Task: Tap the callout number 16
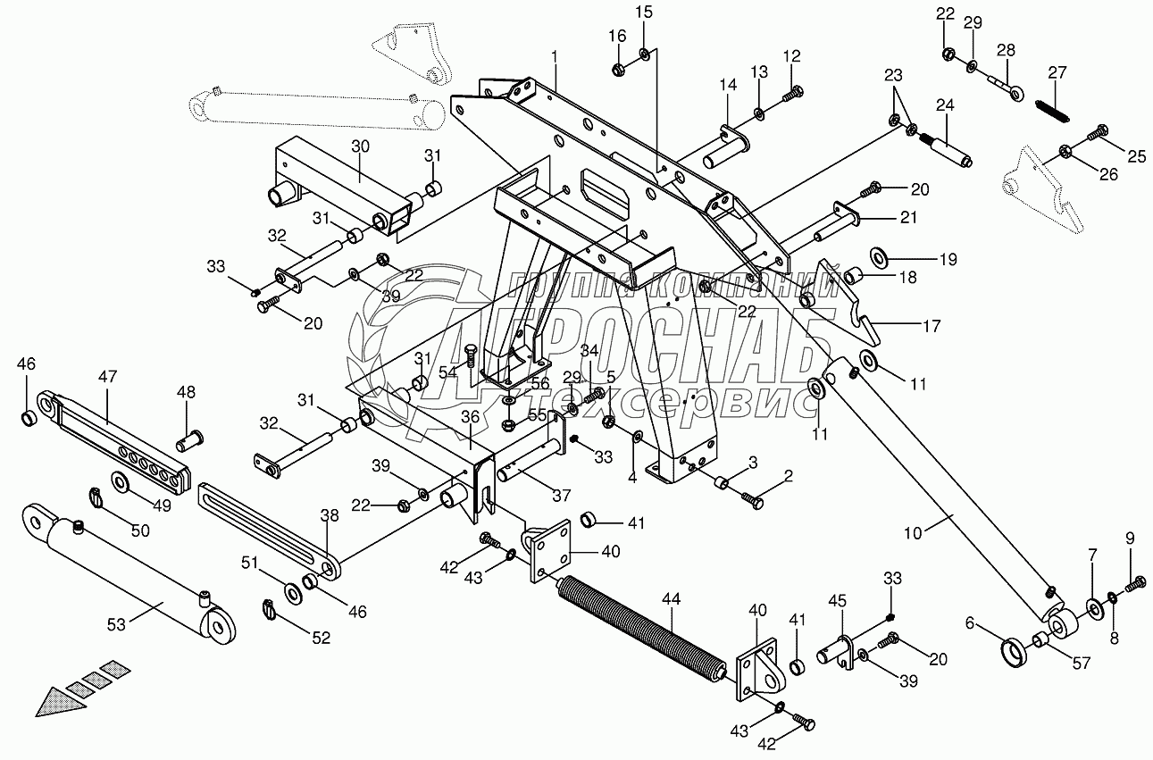(x=618, y=36)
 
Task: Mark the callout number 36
(x=471, y=417)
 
